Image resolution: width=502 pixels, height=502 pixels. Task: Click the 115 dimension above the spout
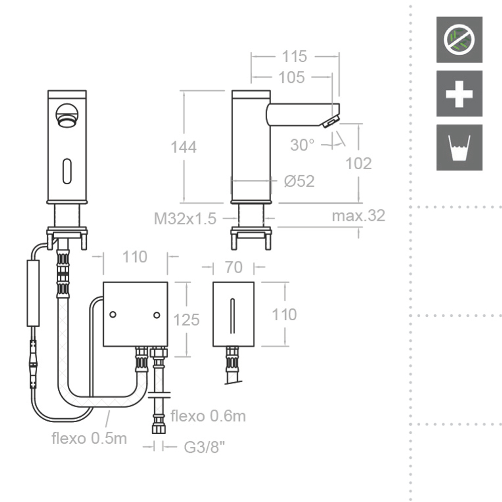pos(294,56)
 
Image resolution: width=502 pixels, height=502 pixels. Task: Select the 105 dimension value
pos(292,77)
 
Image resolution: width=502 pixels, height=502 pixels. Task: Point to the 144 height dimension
pos(184,147)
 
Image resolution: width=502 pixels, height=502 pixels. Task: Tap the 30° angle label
pos(302,145)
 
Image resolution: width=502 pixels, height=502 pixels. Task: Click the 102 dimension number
pos(359,163)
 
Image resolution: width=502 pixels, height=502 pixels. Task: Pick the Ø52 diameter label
pos(299,181)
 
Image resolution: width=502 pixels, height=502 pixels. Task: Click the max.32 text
pos(358,215)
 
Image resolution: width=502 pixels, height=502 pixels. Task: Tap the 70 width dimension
pos(233,268)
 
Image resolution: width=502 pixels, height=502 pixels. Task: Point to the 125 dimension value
pos(186,320)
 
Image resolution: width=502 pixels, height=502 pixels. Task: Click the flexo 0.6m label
pos(208,416)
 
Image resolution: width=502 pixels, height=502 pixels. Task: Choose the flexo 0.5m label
pos(89,438)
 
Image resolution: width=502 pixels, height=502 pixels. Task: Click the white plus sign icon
pos(459,94)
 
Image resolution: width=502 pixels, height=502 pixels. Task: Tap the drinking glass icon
pos(459,148)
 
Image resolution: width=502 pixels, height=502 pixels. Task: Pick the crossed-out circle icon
pos(459,40)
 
